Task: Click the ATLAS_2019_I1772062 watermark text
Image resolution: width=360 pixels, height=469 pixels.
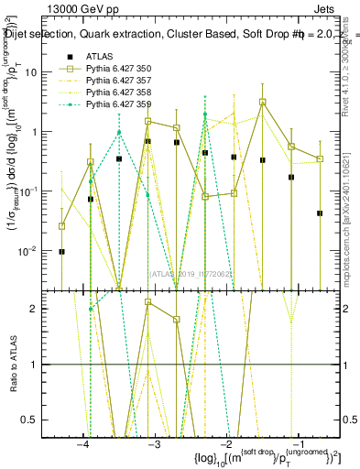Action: click(191, 273)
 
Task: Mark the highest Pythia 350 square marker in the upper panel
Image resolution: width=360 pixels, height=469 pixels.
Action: click(262, 102)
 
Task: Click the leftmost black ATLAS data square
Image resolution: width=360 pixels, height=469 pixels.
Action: click(61, 251)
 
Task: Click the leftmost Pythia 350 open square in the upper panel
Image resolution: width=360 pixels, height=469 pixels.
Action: click(61, 225)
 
